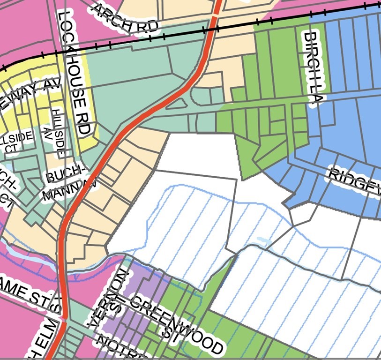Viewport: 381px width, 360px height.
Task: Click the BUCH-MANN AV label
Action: click(x=70, y=184)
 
